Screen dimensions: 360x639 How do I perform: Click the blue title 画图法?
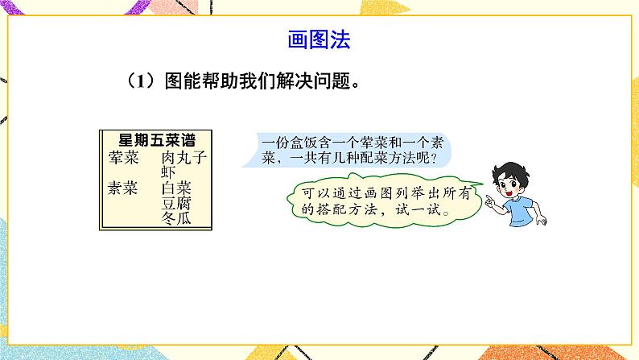(319, 39)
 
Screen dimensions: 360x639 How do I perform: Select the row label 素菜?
(122, 188)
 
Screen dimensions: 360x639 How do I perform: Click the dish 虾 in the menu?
(168, 171)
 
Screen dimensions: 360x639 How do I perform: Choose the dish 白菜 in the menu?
(176, 188)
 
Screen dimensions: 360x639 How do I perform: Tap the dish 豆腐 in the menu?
(176, 203)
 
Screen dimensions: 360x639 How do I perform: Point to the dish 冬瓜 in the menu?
(176, 218)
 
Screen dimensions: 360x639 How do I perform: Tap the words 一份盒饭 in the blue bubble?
(287, 143)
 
